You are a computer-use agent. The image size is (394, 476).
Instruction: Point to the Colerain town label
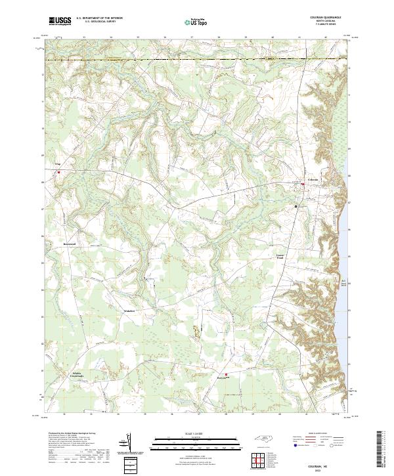click(313, 179)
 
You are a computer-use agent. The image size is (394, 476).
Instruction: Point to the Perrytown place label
click(225, 379)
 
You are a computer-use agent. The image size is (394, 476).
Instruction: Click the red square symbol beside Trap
click(58, 173)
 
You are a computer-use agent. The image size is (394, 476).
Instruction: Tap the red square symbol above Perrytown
click(227, 374)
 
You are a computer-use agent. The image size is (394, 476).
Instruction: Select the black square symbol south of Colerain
click(296, 206)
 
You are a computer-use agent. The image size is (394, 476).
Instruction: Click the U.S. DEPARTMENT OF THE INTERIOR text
click(99, 18)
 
